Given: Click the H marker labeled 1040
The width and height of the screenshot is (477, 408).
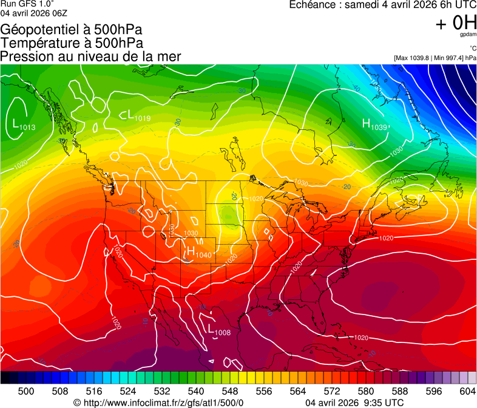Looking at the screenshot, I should click(x=191, y=251).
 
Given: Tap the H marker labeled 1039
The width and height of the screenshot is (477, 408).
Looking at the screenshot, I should click(x=366, y=124).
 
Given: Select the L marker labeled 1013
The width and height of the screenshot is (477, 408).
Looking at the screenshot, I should click(x=15, y=124).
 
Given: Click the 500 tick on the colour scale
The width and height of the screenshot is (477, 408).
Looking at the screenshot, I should click(x=26, y=391).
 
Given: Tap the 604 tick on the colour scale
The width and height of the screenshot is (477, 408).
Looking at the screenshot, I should click(x=468, y=391).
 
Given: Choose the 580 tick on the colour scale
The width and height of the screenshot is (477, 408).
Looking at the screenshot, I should click(x=365, y=391).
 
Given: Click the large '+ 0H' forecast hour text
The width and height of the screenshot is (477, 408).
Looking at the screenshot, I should click(x=456, y=23).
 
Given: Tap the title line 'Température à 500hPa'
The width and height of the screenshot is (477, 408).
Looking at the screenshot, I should click(x=72, y=43).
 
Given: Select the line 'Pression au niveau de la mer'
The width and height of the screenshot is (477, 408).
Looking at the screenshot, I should click(x=91, y=56).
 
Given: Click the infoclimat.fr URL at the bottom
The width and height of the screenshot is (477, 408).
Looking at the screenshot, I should click(x=158, y=403).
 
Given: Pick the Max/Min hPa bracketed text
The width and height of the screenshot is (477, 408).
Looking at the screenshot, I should click(x=435, y=58).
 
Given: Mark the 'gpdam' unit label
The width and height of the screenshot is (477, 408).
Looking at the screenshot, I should click(x=468, y=35).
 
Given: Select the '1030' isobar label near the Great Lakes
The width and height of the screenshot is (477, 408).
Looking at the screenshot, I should click(x=301, y=183).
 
